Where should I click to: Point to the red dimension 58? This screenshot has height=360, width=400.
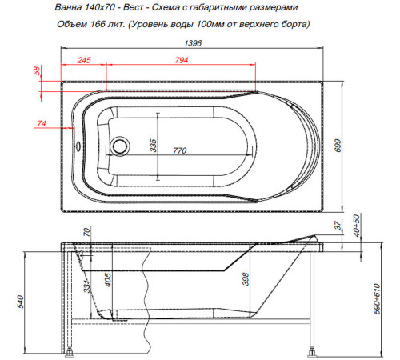click(x=36, y=72)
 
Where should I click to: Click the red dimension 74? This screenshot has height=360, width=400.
click(x=40, y=122)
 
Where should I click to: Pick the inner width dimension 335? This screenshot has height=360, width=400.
click(x=151, y=144)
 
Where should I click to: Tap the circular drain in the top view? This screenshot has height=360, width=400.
click(x=121, y=146)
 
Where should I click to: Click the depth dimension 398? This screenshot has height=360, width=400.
click(x=246, y=279)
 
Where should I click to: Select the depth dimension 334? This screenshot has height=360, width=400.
click(x=86, y=286)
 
